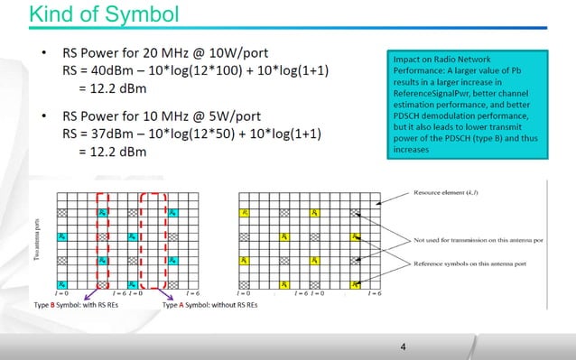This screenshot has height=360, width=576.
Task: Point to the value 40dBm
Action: coord(113,71)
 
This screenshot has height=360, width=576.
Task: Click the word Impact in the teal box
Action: coord(404,58)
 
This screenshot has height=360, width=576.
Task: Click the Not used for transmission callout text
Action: coord(469,240)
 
